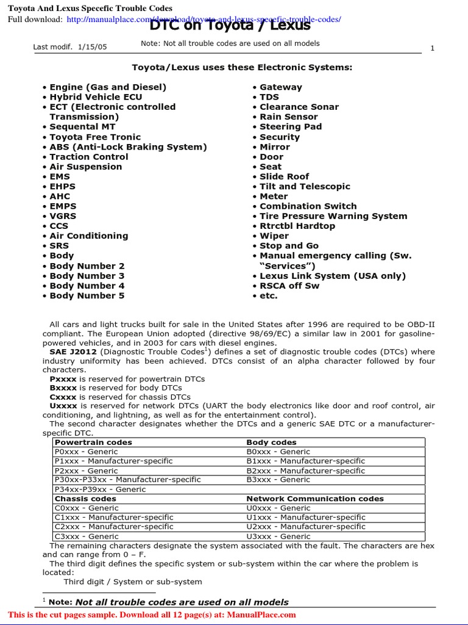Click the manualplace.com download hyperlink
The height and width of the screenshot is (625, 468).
coord(204,20)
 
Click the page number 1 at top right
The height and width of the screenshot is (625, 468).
coord(432,48)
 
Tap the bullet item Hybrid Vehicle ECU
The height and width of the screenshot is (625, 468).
coord(96,97)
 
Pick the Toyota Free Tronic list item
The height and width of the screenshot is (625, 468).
coord(95,137)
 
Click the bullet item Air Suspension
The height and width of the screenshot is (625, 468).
coord(86,167)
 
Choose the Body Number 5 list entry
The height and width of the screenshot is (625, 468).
coord(87,296)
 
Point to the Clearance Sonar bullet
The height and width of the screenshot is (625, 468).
coord(299,107)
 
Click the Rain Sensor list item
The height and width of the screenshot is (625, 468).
coord(289,117)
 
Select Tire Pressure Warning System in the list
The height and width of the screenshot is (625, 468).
coord(333,216)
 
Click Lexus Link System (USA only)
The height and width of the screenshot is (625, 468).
coord(333,276)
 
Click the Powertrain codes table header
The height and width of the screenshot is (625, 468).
coord(93,443)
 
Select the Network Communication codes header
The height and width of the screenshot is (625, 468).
coord(315,499)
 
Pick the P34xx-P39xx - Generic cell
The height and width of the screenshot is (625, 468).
coord(101,490)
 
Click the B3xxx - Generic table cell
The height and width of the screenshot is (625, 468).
coord(278,480)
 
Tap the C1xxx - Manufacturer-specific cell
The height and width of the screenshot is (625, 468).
coord(114,518)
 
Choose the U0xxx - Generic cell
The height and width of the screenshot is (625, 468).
coord(278,508)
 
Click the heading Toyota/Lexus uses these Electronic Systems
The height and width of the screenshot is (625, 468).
coord(243,67)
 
